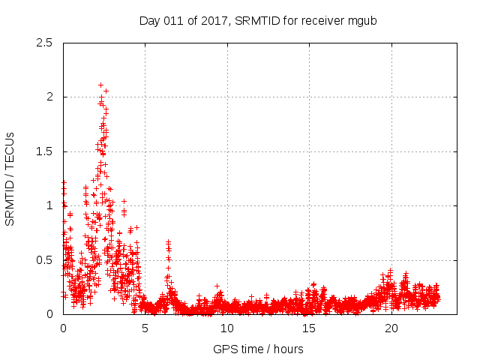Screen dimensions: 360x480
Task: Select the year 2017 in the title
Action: pyautogui.click(x=216, y=20)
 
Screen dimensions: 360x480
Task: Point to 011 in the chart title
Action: pyautogui.click(x=175, y=20)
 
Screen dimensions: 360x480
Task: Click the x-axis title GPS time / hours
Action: pyautogui.click(x=259, y=349)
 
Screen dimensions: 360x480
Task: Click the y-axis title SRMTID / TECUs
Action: pyautogui.click(x=10, y=178)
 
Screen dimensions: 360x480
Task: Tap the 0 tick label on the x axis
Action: pyautogui.click(x=63, y=328)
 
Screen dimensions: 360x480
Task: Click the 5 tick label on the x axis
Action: pyautogui.click(x=145, y=328)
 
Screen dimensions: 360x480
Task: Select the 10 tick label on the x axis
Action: pyautogui.click(x=227, y=328)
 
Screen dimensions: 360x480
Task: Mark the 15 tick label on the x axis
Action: pyautogui.click(x=309, y=328)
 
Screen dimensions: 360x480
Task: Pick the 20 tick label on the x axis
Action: pyautogui.click(x=391, y=328)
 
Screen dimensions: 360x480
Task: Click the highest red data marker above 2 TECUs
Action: pyautogui.click(x=100, y=85)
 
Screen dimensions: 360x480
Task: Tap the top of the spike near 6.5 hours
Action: pyautogui.click(x=168, y=241)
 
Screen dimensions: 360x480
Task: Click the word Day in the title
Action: pyautogui.click(x=149, y=20)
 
